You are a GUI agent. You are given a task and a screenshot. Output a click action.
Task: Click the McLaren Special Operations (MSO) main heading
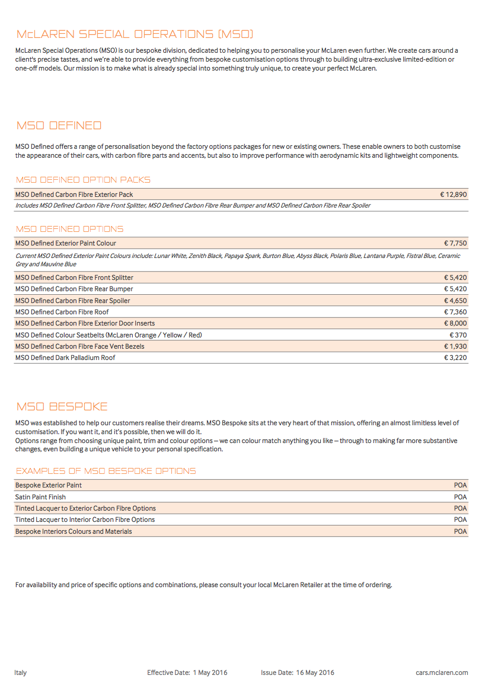click(x=135, y=34)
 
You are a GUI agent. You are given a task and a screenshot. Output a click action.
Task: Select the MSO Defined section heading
click(x=59, y=126)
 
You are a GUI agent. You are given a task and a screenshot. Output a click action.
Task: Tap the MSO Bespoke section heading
click(x=62, y=407)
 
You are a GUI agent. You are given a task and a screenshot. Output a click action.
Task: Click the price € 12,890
click(x=453, y=195)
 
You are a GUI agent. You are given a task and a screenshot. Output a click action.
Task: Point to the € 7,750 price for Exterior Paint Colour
click(x=455, y=243)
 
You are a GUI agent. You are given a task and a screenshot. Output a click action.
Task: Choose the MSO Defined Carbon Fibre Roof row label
click(x=62, y=312)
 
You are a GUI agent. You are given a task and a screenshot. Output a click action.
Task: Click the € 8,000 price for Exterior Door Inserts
click(x=455, y=323)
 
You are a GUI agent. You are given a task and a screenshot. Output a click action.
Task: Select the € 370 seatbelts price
click(x=458, y=335)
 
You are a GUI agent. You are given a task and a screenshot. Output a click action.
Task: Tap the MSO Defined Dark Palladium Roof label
click(x=65, y=358)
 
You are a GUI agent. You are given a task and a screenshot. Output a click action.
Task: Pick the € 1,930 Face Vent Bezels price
click(x=455, y=346)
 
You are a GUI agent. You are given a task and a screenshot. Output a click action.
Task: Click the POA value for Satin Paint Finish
click(x=460, y=497)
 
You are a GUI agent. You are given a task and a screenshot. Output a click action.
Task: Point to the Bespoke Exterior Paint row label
click(x=49, y=485)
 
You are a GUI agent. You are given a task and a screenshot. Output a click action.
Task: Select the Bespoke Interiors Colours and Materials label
click(x=74, y=531)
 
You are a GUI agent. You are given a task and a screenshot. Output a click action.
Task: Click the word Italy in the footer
click(x=21, y=673)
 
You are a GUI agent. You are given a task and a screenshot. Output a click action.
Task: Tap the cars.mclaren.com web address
click(x=442, y=673)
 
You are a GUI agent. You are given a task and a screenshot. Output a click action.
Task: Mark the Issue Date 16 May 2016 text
click(x=298, y=673)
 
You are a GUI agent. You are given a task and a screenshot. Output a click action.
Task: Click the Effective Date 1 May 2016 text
click(x=187, y=673)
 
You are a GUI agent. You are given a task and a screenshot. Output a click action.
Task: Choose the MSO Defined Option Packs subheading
click(x=83, y=180)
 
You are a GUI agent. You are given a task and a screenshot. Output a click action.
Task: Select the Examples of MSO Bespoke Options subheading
click(x=106, y=471)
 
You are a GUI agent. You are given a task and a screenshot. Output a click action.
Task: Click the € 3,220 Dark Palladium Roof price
click(x=455, y=358)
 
